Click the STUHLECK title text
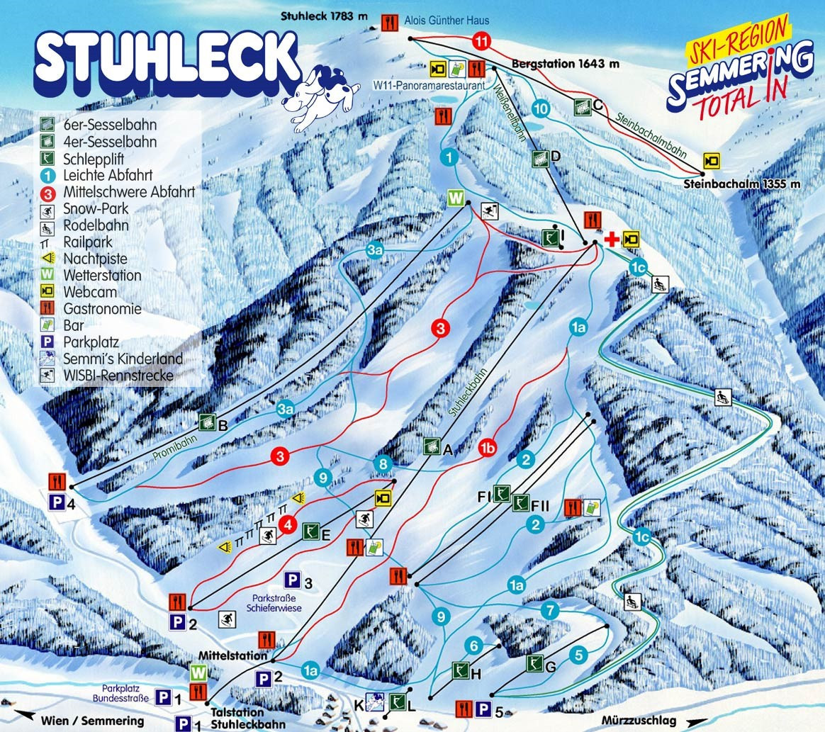(x=167, y=60)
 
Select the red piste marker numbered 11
(x=483, y=42)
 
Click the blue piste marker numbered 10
(x=541, y=108)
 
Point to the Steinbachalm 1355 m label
(x=742, y=184)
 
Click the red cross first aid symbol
(x=610, y=240)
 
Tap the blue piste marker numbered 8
(x=383, y=464)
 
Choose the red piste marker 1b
(x=487, y=448)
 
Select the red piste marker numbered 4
(x=287, y=525)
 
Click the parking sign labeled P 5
(x=484, y=708)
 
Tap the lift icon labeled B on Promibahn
(x=207, y=422)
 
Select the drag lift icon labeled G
(x=536, y=664)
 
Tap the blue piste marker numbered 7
(x=549, y=609)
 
